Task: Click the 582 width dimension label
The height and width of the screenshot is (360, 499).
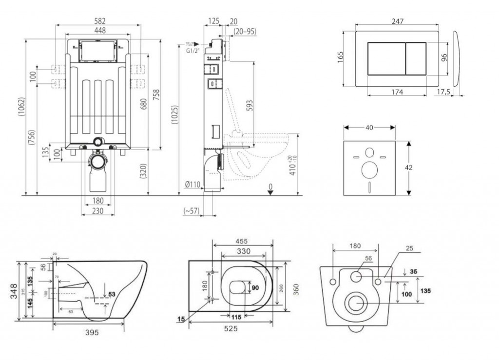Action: click(99, 21)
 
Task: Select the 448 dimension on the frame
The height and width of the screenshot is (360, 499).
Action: click(99, 30)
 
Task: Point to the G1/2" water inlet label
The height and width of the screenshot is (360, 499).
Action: click(193, 50)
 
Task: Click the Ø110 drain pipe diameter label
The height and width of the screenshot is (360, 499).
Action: click(193, 184)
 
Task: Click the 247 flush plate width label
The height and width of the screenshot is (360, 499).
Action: click(398, 21)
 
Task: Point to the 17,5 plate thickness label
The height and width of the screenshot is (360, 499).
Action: click(443, 91)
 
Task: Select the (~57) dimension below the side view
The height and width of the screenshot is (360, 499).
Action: click(192, 211)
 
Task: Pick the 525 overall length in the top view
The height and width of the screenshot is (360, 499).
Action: click(231, 329)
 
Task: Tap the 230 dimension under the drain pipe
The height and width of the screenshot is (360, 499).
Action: click(98, 211)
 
